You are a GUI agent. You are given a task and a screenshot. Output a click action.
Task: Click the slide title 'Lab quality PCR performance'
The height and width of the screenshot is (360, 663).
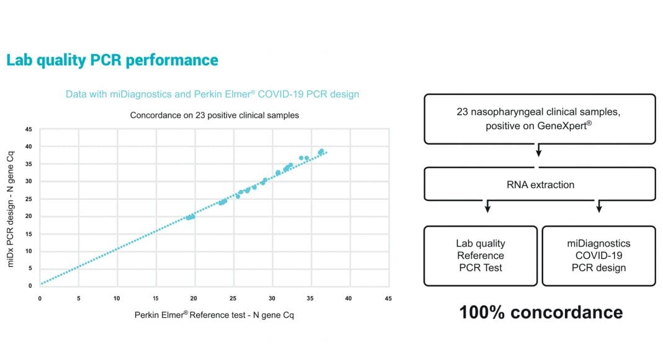[x=112, y=60]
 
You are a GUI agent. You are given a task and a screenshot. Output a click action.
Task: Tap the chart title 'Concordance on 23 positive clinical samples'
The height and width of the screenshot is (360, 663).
[x=214, y=115]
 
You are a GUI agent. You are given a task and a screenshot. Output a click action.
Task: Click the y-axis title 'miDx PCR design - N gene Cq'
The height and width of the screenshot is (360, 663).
[x=11, y=209]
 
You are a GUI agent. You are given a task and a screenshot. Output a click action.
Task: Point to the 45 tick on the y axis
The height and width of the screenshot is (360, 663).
[x=29, y=129]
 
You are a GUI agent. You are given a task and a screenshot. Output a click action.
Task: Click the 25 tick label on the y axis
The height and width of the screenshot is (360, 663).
[x=29, y=199]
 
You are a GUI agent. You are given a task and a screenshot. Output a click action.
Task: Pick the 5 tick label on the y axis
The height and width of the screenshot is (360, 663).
[x=30, y=268]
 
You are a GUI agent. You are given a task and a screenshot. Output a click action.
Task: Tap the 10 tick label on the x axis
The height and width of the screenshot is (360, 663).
[x=117, y=299]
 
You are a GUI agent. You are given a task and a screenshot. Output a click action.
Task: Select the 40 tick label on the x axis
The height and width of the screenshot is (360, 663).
[x=348, y=299]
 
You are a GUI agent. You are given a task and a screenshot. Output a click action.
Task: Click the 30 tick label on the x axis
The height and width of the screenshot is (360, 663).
[x=272, y=299]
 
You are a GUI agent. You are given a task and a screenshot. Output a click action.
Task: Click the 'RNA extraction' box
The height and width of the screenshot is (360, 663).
[x=540, y=184]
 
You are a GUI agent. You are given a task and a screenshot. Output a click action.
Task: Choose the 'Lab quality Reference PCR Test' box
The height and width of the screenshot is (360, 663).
[x=480, y=256]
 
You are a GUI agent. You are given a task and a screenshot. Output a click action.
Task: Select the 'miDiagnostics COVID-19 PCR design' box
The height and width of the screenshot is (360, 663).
[x=598, y=256]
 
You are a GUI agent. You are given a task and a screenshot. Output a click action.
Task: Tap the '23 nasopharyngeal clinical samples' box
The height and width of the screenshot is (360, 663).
[x=540, y=119]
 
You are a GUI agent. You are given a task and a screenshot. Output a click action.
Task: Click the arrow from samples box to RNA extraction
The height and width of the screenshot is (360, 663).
[x=539, y=150]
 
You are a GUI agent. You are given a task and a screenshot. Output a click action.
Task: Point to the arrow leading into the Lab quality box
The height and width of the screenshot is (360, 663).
[x=487, y=206]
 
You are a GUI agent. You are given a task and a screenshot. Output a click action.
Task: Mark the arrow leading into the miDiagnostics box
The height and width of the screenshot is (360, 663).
[x=598, y=206]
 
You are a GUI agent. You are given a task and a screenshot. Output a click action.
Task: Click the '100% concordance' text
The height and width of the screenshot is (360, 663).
[x=541, y=312]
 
